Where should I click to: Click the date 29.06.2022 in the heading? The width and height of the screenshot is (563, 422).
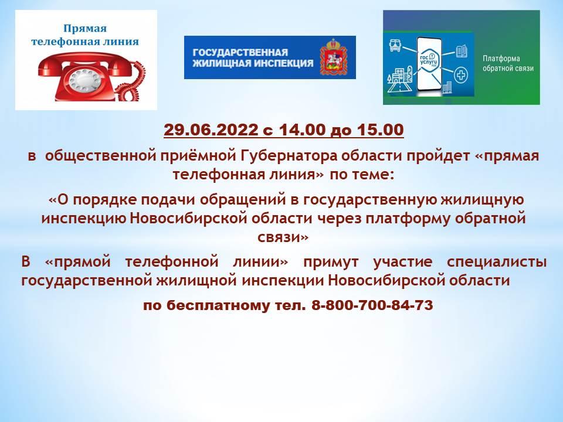point(211,130)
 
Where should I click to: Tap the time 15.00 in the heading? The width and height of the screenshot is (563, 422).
point(380,130)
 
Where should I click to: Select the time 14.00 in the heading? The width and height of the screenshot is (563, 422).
point(302,130)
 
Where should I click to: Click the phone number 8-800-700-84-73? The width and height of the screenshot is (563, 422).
point(372,305)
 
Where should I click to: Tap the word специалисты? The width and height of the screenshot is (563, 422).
point(497,262)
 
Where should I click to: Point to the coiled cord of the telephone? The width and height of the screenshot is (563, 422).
point(133,82)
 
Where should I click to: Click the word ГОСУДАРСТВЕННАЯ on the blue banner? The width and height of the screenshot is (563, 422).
point(240,52)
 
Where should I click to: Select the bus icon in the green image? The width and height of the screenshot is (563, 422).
point(395,46)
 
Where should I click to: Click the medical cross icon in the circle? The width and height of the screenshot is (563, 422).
point(461,76)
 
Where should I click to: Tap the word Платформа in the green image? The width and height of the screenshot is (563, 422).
point(501,59)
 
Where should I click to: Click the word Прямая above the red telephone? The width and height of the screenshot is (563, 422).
point(85,29)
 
